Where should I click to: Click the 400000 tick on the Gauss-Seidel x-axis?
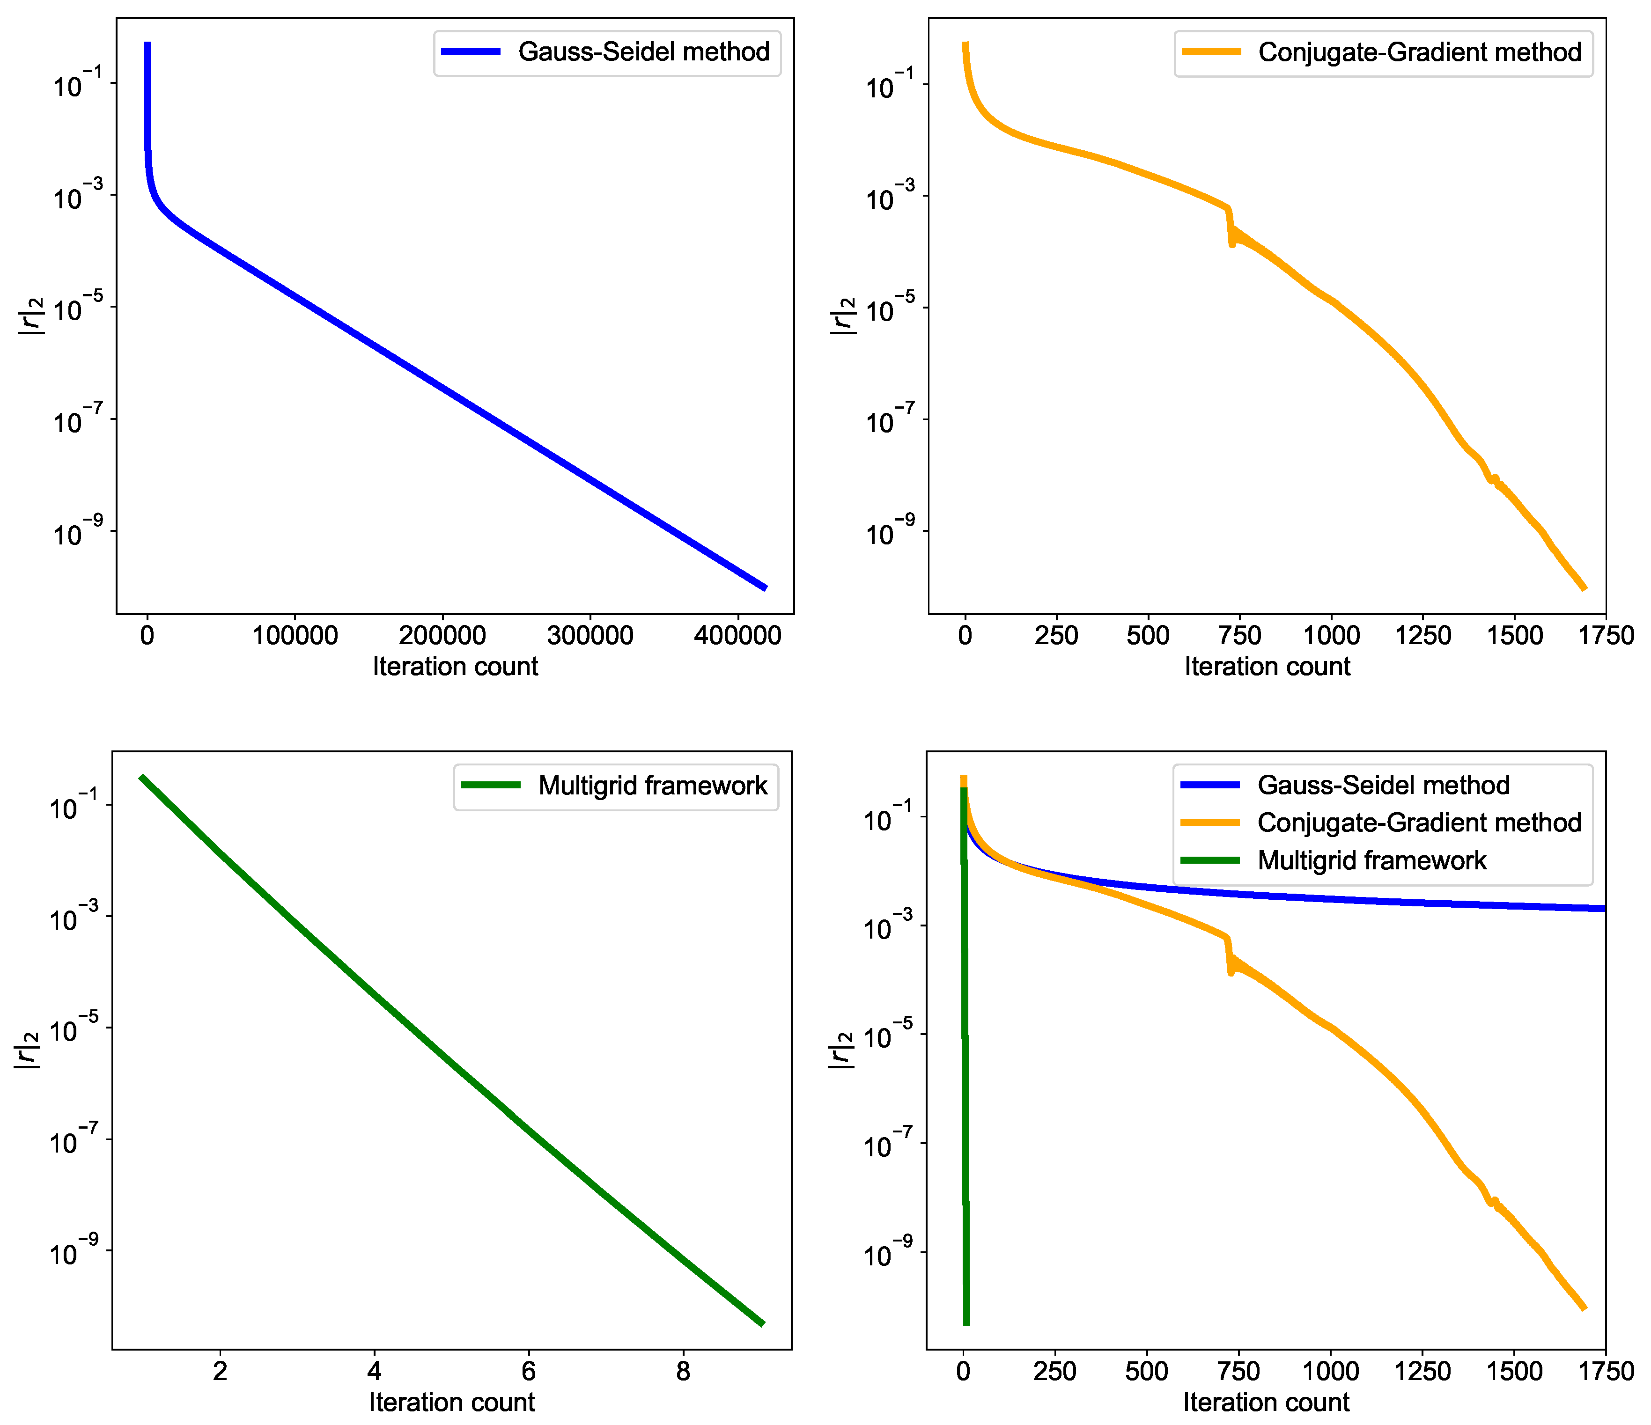737,636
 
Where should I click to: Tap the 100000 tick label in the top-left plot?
295,636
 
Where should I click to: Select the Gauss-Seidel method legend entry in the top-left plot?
643,52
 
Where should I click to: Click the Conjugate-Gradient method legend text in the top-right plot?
1419,52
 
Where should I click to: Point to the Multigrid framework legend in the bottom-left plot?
652,786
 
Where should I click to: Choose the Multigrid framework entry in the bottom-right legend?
1371,860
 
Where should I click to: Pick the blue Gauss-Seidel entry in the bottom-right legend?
1383,786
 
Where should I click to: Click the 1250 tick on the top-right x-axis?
1423,636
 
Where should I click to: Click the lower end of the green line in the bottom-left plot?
762,1324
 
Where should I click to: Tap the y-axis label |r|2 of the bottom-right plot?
840,1050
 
